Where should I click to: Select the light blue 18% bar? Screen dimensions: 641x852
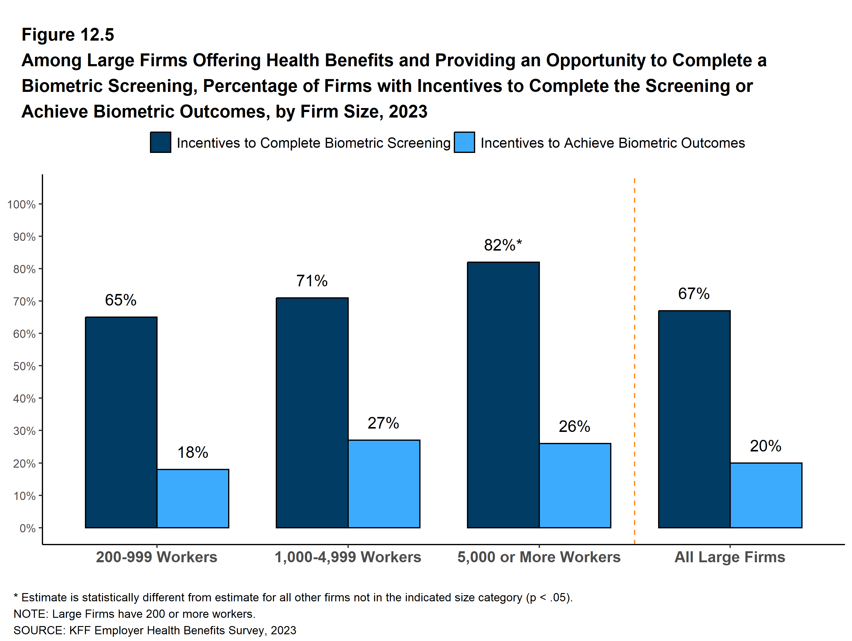pos(193,498)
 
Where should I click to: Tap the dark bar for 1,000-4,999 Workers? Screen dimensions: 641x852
pos(312,412)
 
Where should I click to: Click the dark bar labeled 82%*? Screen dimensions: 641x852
pos(503,395)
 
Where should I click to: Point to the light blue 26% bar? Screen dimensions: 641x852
pos(575,485)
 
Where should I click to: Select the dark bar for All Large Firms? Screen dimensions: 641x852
pos(694,419)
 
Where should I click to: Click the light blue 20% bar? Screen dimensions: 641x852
pos(766,495)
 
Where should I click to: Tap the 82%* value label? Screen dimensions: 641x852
pos(503,245)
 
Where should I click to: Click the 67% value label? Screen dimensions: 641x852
pos(694,294)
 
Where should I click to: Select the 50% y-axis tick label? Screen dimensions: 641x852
pos(24,366)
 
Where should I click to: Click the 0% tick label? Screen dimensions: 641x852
pos(27,528)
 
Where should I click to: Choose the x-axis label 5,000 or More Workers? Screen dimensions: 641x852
pos(539,557)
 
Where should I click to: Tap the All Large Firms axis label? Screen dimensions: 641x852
pos(730,557)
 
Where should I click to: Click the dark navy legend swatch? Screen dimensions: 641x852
pos(161,143)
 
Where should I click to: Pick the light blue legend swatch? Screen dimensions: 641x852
pos(464,143)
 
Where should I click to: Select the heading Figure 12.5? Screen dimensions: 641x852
pos(68,35)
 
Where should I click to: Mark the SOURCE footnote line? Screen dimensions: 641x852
pos(155,630)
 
